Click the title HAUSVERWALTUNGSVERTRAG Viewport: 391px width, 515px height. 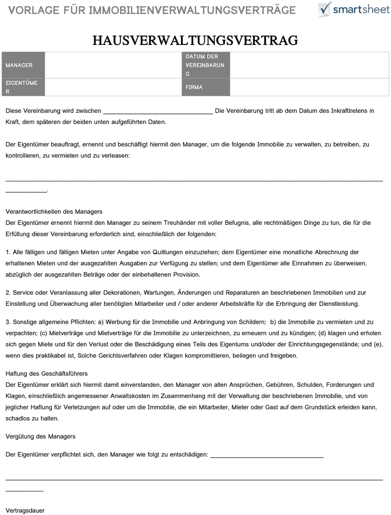(x=195, y=41)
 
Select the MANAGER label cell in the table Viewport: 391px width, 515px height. (x=23, y=65)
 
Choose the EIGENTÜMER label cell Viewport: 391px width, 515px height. (x=23, y=87)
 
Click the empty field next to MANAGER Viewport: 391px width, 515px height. (x=113, y=65)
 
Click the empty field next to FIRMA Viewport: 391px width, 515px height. (x=309, y=87)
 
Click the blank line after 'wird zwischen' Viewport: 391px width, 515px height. (x=158, y=112)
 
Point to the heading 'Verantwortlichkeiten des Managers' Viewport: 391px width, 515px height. (x=54, y=211)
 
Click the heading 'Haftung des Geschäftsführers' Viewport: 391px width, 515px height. (x=47, y=373)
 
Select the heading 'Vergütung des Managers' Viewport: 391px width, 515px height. (x=40, y=436)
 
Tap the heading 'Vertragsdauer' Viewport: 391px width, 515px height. (x=25, y=510)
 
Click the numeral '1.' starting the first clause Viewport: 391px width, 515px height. (x=8, y=252)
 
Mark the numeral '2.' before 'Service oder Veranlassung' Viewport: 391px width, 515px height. (x=8, y=293)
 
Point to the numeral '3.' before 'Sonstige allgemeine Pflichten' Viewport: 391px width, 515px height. (x=8, y=322)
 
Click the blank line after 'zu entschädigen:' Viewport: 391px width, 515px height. (x=266, y=456)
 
